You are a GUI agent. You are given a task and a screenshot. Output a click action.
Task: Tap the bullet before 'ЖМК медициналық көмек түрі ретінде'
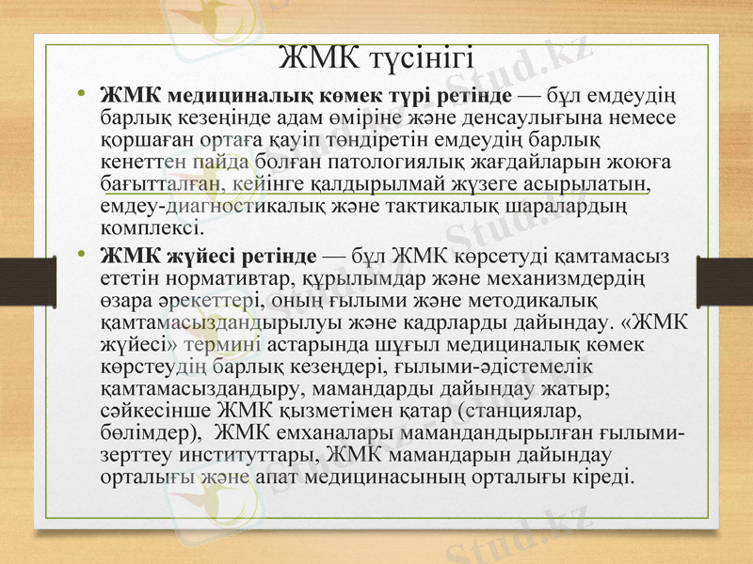coord(83,94)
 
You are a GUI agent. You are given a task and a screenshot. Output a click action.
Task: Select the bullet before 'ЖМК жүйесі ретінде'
coord(83,254)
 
